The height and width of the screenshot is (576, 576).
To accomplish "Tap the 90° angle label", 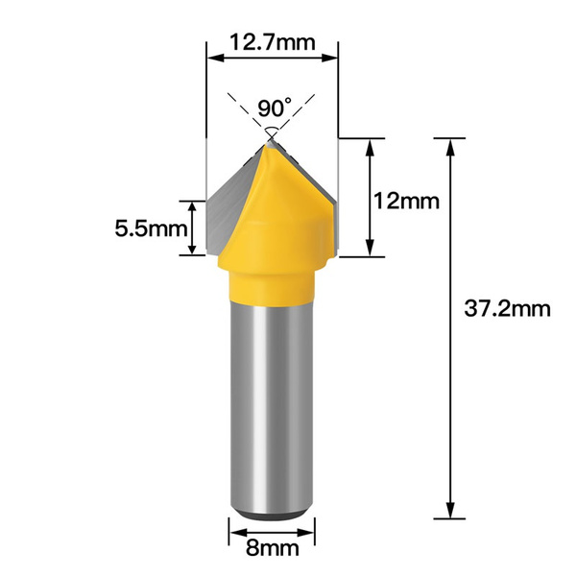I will point(276,107).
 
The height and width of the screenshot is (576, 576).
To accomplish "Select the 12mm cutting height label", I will point(407,202).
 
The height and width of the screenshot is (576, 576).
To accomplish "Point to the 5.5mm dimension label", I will point(149,228).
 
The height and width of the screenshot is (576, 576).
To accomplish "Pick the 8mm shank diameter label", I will point(271,549).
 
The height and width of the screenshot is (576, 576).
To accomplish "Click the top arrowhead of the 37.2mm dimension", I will point(446,144).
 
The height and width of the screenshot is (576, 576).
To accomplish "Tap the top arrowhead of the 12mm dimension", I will point(370,144).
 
